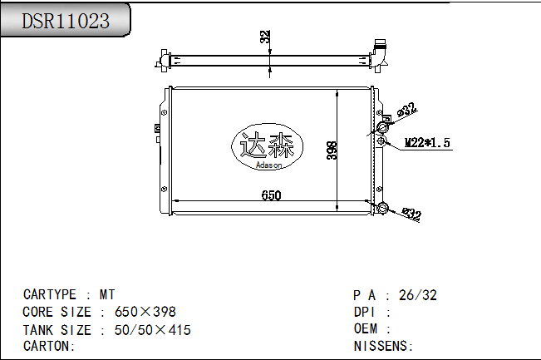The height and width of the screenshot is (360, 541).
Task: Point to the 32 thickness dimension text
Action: point(264,37)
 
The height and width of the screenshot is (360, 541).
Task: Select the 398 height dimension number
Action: point(332,150)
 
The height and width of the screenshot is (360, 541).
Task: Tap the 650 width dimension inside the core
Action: point(271,195)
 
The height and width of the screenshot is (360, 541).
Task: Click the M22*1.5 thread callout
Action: point(426,143)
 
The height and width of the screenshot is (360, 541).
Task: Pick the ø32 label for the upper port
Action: point(406,110)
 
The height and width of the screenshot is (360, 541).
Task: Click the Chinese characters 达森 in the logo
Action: point(267,147)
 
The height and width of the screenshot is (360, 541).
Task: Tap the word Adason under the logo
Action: point(268,165)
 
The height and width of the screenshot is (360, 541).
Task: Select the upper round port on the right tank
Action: point(384,126)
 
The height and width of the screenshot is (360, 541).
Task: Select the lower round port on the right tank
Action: point(382,208)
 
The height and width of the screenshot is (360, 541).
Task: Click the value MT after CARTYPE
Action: point(108,295)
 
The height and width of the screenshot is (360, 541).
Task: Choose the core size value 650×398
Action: point(145,313)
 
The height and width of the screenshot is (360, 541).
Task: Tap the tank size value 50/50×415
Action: point(152,330)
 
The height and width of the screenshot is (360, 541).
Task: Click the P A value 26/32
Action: point(418,295)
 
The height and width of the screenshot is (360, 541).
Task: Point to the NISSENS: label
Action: point(383,346)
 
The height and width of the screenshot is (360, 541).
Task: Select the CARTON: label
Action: point(50,346)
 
